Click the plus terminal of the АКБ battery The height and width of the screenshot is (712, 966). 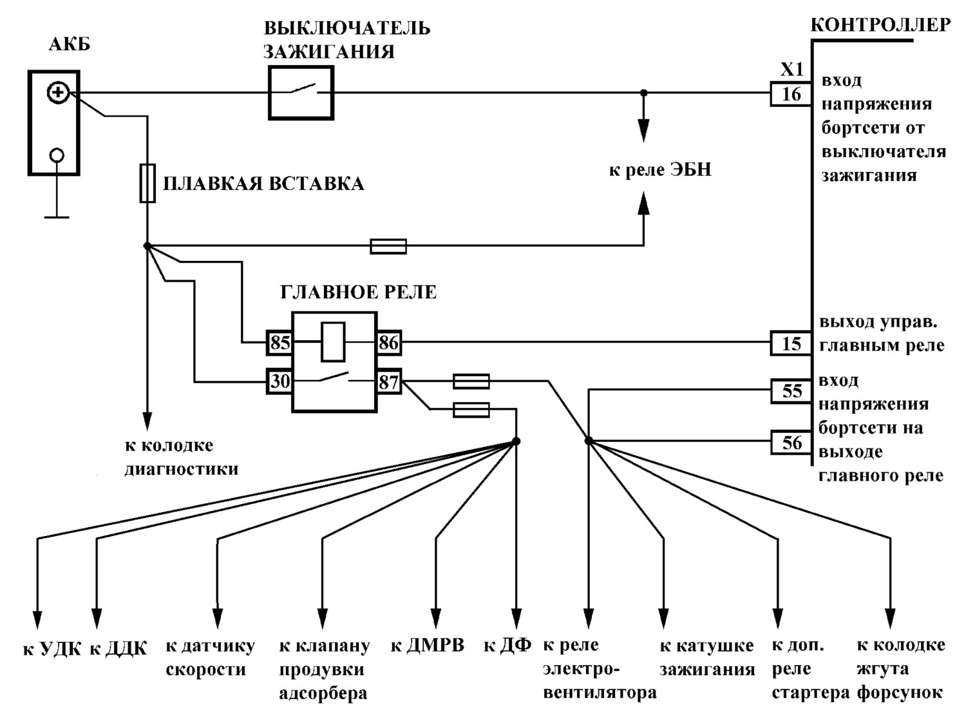(57, 93)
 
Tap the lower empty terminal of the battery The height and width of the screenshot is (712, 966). (57, 155)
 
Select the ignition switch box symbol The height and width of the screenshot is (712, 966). (301, 92)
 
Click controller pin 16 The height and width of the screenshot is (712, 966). (791, 94)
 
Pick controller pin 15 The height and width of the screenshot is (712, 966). (791, 343)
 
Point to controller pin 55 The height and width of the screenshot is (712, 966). (791, 391)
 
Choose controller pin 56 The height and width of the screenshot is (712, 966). (791, 442)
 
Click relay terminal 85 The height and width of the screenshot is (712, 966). (279, 343)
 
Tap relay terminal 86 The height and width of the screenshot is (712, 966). (389, 343)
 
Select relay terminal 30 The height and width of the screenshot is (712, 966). (279, 381)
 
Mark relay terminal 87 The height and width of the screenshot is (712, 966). (389, 381)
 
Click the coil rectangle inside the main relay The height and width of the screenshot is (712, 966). (334, 342)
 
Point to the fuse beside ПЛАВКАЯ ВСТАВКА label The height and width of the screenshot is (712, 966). (147, 183)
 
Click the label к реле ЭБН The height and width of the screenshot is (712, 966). (660, 169)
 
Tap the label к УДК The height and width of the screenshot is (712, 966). (52, 649)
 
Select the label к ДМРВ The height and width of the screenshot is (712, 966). (428, 646)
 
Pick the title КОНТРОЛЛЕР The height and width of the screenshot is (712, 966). (880, 25)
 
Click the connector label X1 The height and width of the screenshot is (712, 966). (791, 70)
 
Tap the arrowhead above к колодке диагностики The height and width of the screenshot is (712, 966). (147, 421)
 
